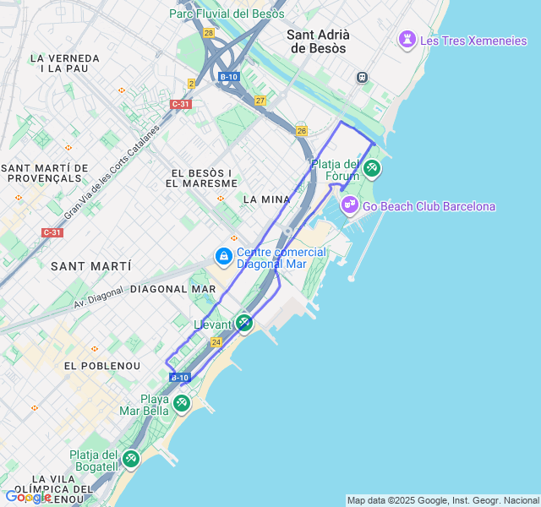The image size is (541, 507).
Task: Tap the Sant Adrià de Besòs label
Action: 318,41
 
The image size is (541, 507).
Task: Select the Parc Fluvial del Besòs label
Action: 227,14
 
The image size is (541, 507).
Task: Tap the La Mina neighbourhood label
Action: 266,199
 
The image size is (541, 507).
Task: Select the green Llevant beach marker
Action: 243,323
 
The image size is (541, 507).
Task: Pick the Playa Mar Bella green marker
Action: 182,404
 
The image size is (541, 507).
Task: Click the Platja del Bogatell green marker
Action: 130,459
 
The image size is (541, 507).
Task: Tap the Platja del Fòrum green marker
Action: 371,169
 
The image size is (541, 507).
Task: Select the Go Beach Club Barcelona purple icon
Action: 349,205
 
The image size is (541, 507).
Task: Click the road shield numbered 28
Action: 209,33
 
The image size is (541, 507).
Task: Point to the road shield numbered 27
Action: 260,101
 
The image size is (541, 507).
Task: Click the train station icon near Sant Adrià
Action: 362,77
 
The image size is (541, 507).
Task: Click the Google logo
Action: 27,497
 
